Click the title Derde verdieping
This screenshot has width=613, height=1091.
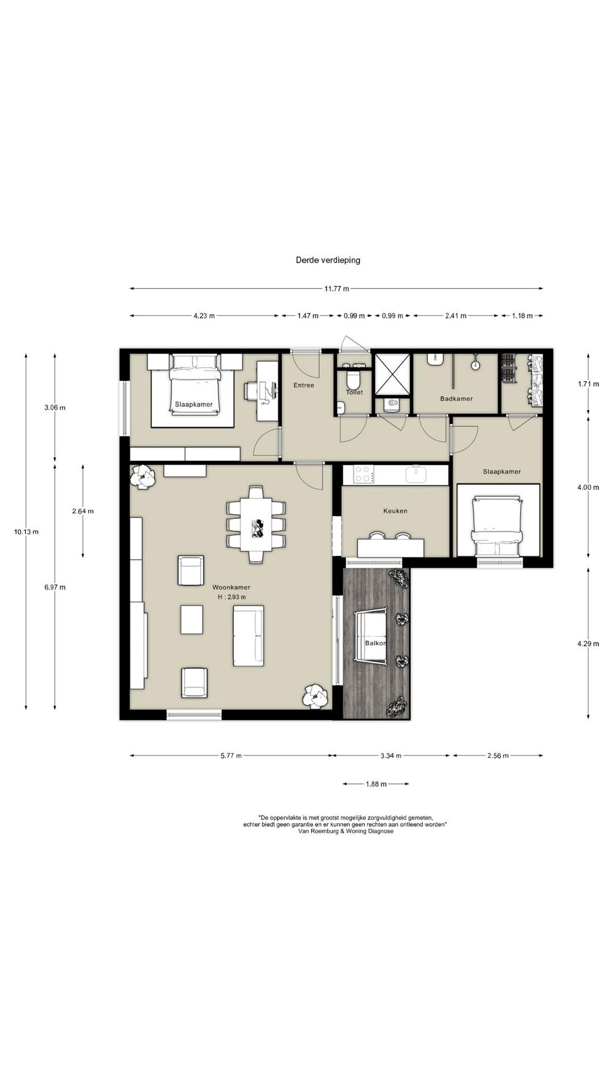click(328, 260)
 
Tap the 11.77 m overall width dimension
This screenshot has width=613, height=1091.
click(337, 289)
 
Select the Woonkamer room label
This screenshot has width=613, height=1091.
click(232, 588)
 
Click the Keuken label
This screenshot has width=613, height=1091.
click(395, 511)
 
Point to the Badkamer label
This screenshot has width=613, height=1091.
click(456, 399)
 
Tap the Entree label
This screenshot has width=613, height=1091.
click(304, 385)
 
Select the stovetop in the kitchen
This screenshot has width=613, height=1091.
click(364, 474)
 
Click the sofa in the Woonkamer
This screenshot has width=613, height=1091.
click(249, 636)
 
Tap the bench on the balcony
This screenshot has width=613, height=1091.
click(370, 636)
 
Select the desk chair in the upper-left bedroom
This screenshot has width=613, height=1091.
click(253, 392)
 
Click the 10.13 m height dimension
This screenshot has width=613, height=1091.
click(27, 532)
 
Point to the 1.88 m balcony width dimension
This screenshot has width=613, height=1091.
click(376, 784)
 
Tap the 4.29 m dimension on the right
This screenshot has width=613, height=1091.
click(588, 644)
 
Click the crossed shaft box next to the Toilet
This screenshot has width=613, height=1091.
click(392, 373)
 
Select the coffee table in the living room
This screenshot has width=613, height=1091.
click(192, 619)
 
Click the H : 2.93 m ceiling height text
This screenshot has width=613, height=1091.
click(232, 597)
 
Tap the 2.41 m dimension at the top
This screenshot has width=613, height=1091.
click(455, 316)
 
